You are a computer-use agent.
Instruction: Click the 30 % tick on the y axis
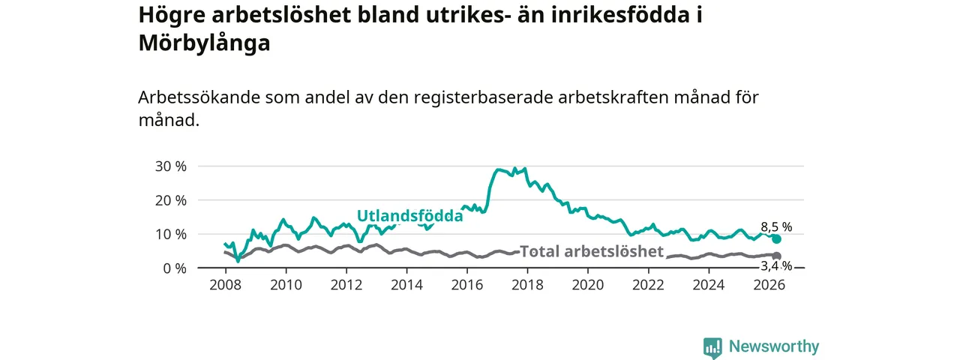pyautogui.click(x=170, y=166)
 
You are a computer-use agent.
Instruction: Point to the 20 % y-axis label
pyautogui.click(x=170, y=200)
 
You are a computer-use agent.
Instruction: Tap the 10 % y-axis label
pyautogui.click(x=170, y=235)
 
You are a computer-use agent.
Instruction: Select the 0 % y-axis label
pyautogui.click(x=175, y=268)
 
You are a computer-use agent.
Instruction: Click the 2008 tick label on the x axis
pyautogui.click(x=226, y=285)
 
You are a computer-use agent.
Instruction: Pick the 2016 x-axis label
pyautogui.click(x=467, y=285)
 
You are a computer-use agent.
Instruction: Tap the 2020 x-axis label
pyautogui.click(x=588, y=285)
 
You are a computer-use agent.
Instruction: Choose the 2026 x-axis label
pyautogui.click(x=769, y=285)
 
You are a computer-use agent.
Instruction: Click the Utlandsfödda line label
pyautogui.click(x=409, y=215)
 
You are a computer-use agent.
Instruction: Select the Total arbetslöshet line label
pyautogui.click(x=592, y=251)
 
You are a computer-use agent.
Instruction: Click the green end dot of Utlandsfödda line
pyautogui.click(x=776, y=238)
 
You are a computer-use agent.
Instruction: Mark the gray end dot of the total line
pyautogui.click(x=776, y=256)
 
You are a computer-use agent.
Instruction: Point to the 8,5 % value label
pyautogui.click(x=776, y=226)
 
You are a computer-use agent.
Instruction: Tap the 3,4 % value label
pyautogui.click(x=776, y=266)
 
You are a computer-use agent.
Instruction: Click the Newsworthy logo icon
pyautogui.click(x=712, y=347)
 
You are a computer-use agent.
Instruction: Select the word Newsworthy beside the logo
pyautogui.click(x=774, y=346)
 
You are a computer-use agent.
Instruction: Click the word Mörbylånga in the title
pyautogui.click(x=205, y=43)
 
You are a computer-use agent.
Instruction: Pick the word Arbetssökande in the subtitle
pyautogui.click(x=199, y=97)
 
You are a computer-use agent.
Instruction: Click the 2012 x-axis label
pyautogui.click(x=346, y=285)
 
